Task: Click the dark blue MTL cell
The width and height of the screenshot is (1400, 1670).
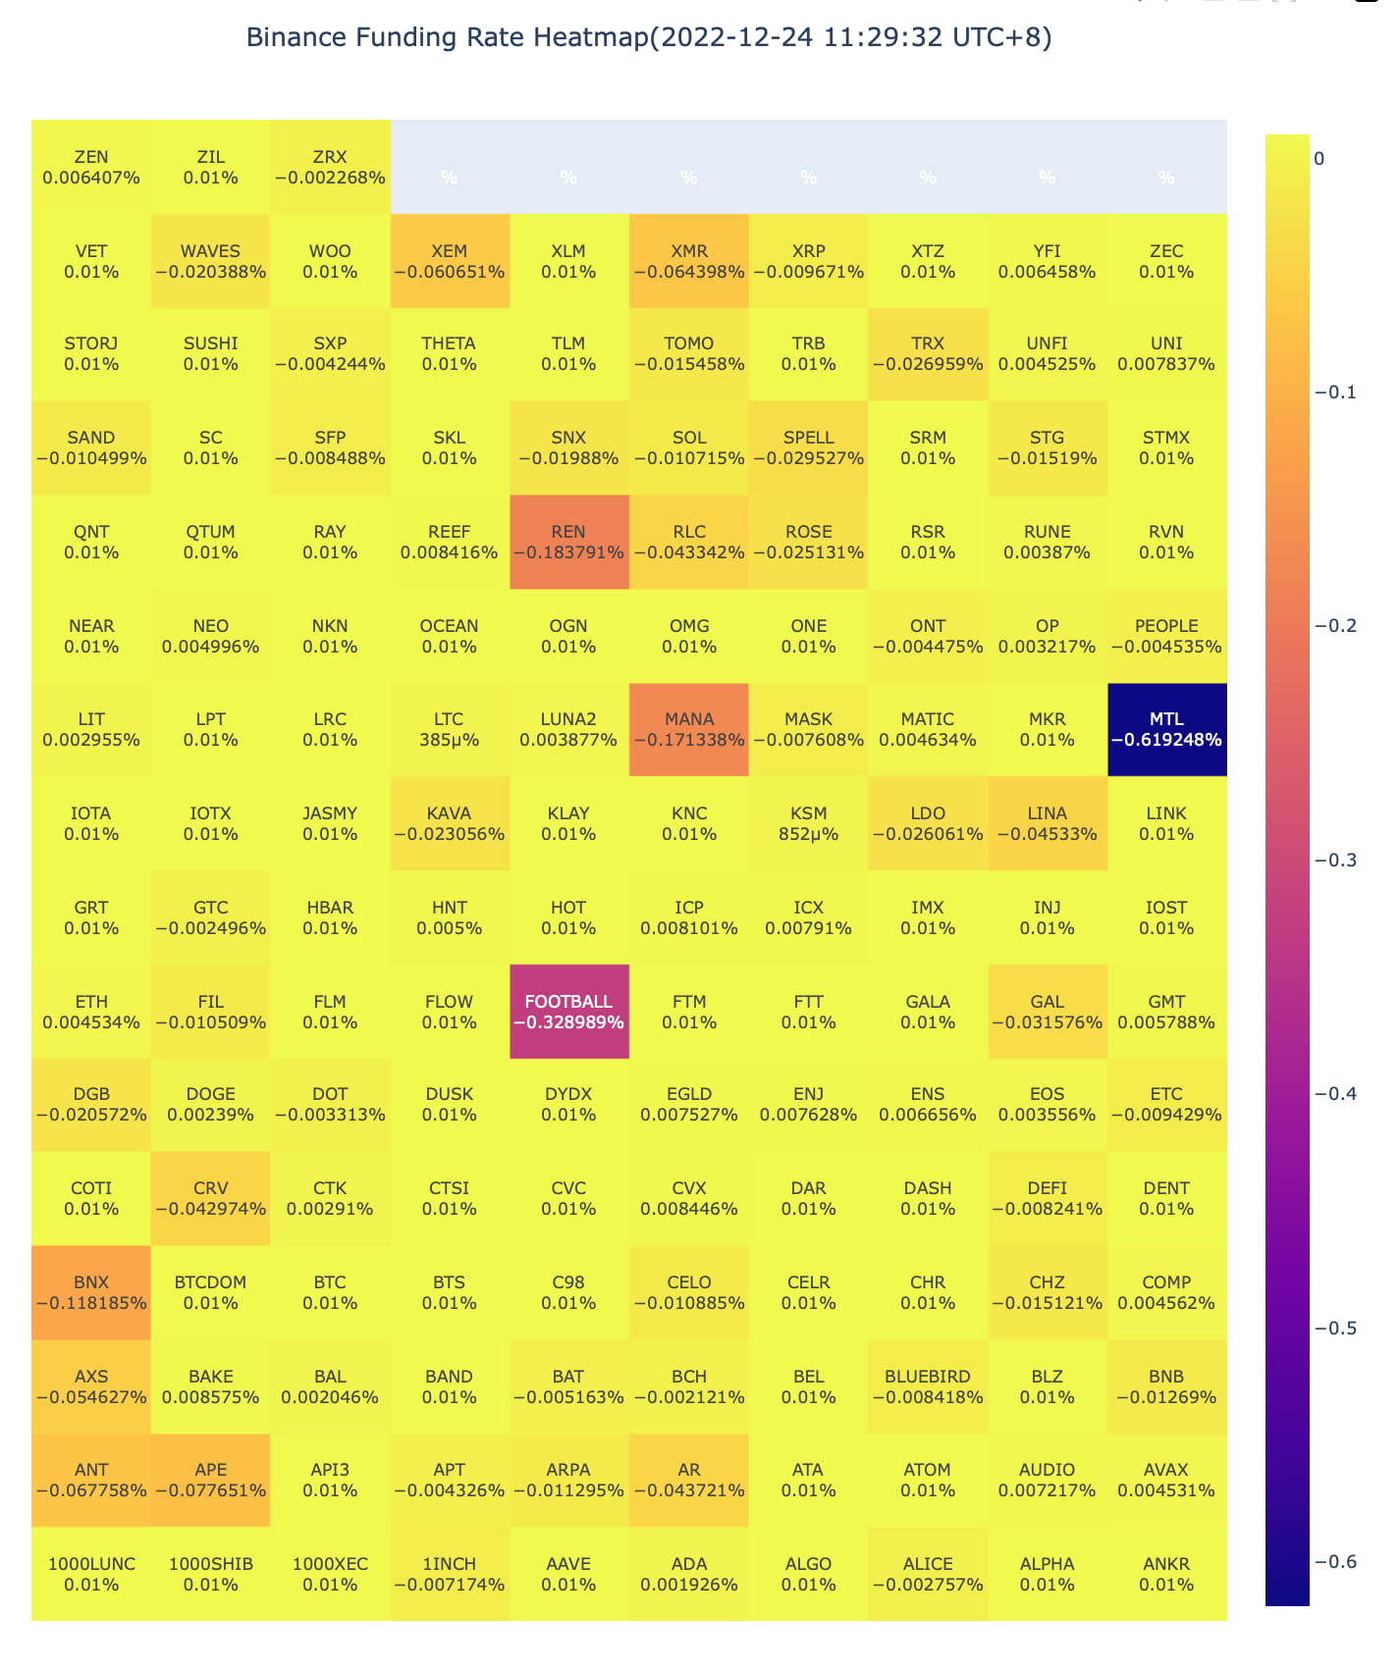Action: (x=1166, y=729)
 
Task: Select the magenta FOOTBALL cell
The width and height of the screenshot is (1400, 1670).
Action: (x=568, y=1012)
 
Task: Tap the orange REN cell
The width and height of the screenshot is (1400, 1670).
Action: (x=568, y=542)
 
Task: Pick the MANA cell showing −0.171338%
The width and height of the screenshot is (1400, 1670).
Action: (x=688, y=729)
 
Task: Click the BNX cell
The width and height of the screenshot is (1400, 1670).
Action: (x=91, y=1292)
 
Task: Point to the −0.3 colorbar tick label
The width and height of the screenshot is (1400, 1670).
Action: (x=1335, y=860)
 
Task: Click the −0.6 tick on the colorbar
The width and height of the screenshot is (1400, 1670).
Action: (x=1335, y=1561)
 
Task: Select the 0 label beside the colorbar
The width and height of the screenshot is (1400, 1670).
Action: (x=1319, y=159)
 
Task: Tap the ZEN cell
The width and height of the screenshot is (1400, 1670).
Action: (x=91, y=167)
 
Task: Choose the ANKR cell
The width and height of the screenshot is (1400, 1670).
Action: (x=1166, y=1574)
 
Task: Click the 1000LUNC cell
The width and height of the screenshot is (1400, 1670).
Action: (x=91, y=1574)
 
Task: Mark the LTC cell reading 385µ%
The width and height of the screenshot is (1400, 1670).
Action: (x=449, y=729)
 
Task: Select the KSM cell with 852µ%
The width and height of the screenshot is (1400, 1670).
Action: (x=808, y=823)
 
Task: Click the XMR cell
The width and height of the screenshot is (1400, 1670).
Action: (x=688, y=261)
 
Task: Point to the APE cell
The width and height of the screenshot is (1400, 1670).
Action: (x=210, y=1480)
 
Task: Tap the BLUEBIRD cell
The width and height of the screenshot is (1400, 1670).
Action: (x=927, y=1386)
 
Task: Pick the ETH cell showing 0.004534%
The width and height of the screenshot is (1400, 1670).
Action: (x=91, y=1012)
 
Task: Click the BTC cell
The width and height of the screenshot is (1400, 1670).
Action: (x=330, y=1292)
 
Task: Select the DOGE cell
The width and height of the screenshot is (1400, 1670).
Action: (x=210, y=1104)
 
